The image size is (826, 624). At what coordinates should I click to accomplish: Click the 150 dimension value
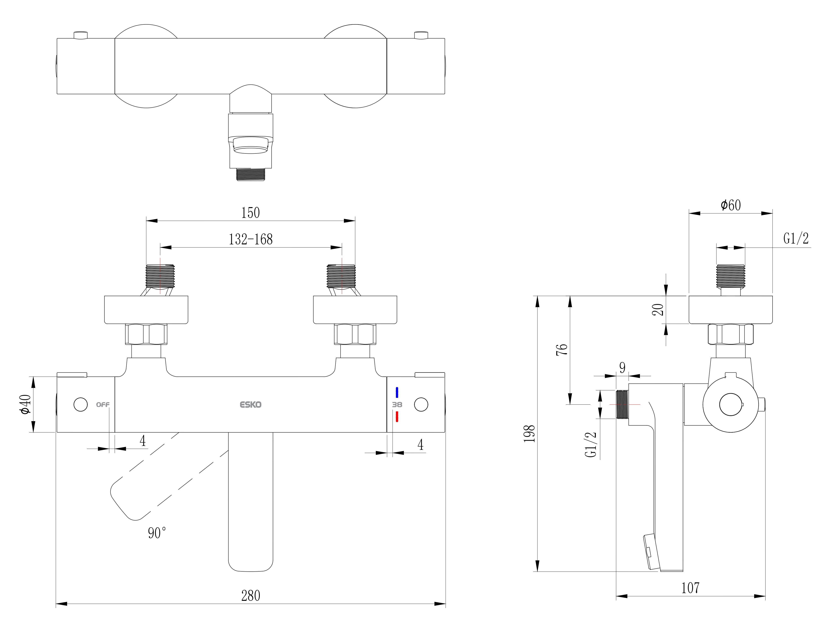click(x=250, y=213)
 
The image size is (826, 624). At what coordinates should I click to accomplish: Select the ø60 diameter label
click(x=730, y=205)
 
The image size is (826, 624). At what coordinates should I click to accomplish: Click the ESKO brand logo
click(x=250, y=404)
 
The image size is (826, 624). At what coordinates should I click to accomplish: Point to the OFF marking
click(x=103, y=404)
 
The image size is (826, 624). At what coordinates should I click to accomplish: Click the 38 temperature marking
click(x=397, y=404)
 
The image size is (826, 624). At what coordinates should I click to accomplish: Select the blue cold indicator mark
click(x=397, y=393)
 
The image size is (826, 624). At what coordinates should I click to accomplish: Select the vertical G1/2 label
click(x=591, y=445)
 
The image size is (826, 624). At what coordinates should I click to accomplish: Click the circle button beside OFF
click(x=81, y=404)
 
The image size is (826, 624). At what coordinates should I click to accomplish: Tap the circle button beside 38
click(x=421, y=404)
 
